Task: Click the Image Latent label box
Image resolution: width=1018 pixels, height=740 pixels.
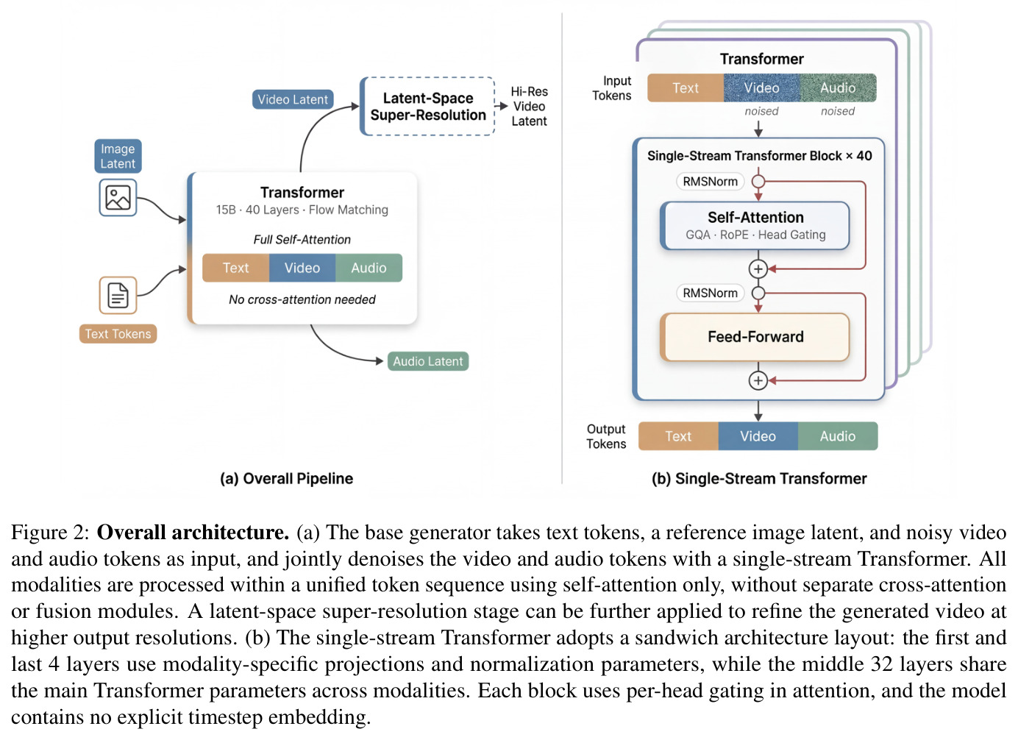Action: [x=118, y=157]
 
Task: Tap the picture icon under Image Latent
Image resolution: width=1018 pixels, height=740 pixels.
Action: [x=118, y=198]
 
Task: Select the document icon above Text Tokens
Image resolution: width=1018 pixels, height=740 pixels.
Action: [x=118, y=296]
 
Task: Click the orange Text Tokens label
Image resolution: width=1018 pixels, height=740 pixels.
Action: [x=118, y=334]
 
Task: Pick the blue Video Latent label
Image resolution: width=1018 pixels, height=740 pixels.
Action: [x=293, y=99]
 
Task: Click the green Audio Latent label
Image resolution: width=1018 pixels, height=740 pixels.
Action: [x=427, y=361]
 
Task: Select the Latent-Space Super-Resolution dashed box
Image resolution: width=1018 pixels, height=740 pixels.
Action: [x=427, y=107]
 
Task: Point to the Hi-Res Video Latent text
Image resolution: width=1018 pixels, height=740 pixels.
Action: [x=529, y=107]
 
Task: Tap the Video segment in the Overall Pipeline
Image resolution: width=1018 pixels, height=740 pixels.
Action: [x=302, y=268]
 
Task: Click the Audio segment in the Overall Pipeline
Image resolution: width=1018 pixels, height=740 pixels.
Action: [x=369, y=268]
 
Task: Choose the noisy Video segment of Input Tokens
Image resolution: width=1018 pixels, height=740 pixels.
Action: [x=762, y=88]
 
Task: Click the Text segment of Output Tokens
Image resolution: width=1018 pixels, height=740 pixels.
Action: [x=678, y=436]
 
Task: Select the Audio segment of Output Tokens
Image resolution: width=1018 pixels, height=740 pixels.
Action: [x=838, y=436]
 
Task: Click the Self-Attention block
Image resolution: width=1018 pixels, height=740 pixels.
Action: [x=755, y=226]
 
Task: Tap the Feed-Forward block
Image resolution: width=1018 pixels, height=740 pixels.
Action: [x=755, y=337]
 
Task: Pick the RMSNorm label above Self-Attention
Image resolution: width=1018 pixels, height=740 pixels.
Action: [x=710, y=182]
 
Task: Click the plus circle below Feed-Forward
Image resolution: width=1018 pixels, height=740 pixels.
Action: [x=758, y=381]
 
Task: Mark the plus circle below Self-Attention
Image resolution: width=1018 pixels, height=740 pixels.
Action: [x=758, y=269]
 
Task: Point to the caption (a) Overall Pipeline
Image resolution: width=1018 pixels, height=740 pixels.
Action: [x=286, y=479]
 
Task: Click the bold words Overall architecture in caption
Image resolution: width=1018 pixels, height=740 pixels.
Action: [x=193, y=533]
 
